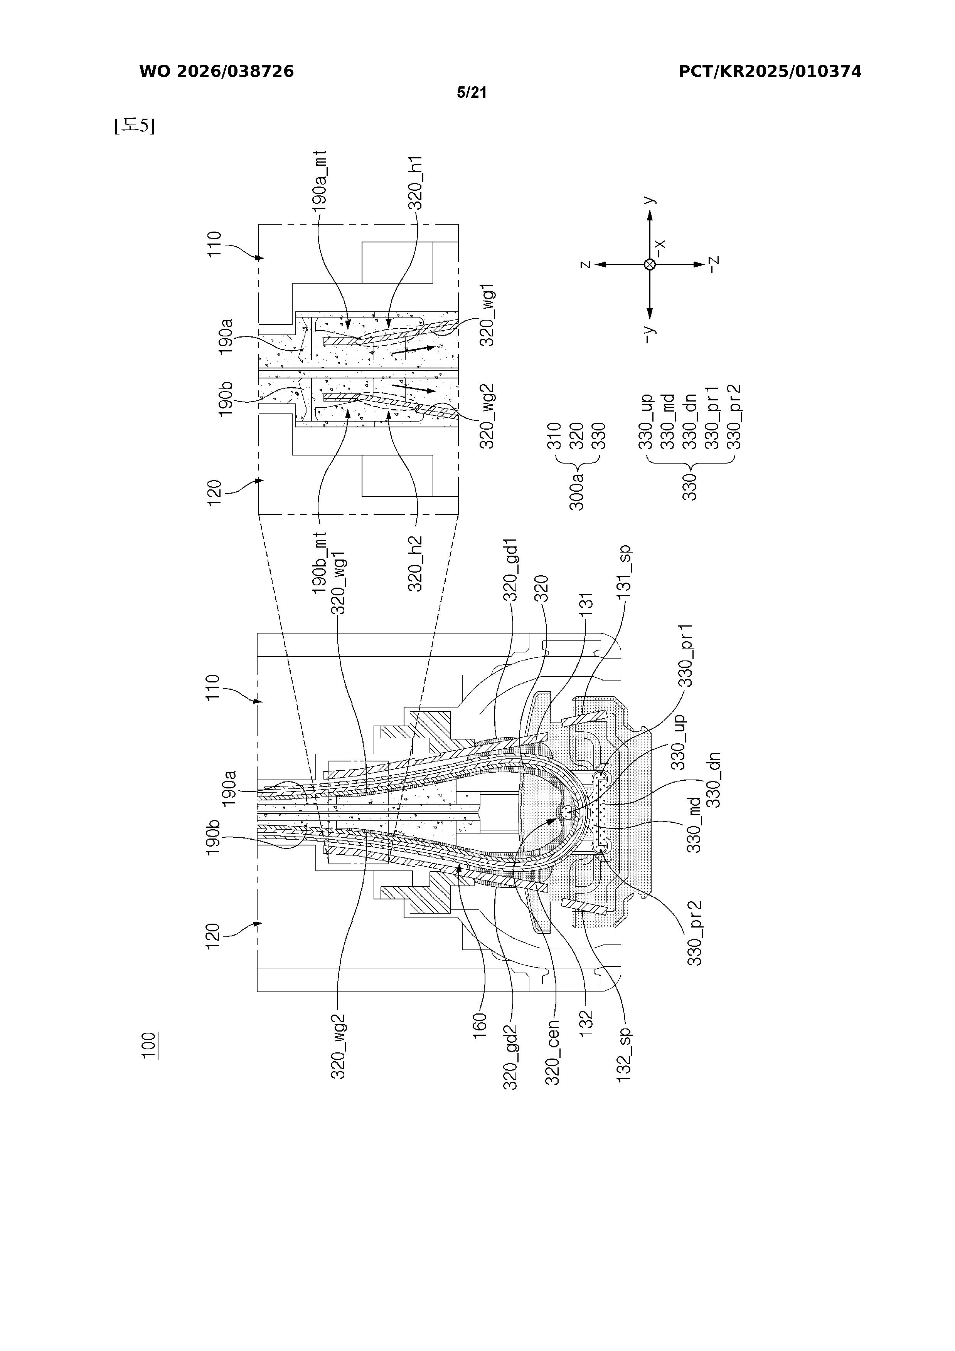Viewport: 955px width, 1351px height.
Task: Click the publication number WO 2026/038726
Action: coord(217,72)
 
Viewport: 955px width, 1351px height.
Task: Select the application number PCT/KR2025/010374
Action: coord(770,72)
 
